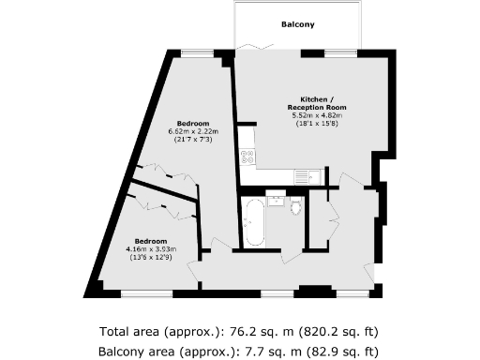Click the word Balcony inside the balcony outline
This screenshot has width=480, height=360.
click(296, 24)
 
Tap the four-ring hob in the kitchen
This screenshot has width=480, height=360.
click(247, 157)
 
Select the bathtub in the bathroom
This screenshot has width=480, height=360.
click(254, 222)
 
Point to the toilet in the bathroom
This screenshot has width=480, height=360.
click(297, 205)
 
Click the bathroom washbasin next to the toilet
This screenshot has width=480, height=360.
click(277, 198)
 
